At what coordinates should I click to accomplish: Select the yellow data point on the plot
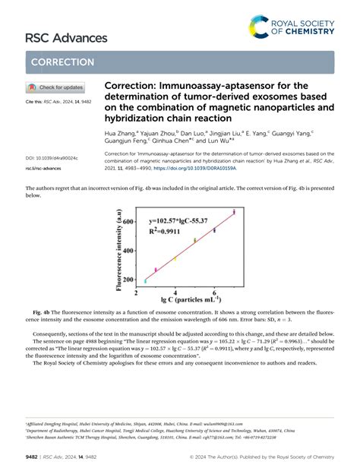tap(175, 258)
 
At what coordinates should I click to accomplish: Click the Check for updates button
tap(55, 87)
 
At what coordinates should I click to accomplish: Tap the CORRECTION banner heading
tap(60, 62)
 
